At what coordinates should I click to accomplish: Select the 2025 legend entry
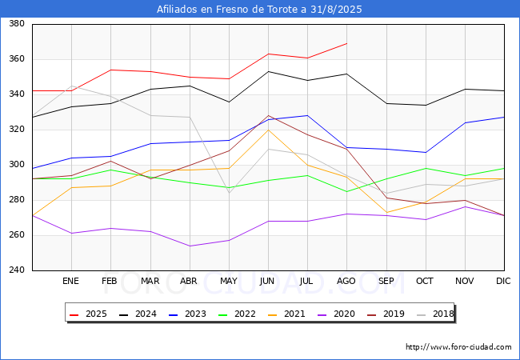(88, 314)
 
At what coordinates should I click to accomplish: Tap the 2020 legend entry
(336, 314)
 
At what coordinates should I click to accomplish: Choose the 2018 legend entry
(435, 314)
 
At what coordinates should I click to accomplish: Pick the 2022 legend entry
(237, 314)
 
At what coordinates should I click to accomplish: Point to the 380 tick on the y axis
(17, 23)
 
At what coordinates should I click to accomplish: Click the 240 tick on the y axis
(17, 270)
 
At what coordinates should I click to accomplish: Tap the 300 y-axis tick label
(17, 165)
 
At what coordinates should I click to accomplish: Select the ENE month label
(70, 281)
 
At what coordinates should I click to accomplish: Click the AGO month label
(346, 281)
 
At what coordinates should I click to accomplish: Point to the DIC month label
(503, 281)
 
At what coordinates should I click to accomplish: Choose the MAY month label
(229, 281)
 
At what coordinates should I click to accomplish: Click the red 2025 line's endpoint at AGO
(347, 43)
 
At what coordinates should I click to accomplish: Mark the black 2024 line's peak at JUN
(268, 72)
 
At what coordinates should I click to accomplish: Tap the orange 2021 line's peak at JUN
(268, 130)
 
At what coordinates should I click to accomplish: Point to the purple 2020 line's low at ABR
(190, 246)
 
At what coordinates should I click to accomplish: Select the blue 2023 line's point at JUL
(308, 115)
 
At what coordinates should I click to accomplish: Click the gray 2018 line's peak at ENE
(72, 86)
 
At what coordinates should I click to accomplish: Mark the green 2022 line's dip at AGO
(347, 192)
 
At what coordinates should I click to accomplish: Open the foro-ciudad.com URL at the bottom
(458, 347)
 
